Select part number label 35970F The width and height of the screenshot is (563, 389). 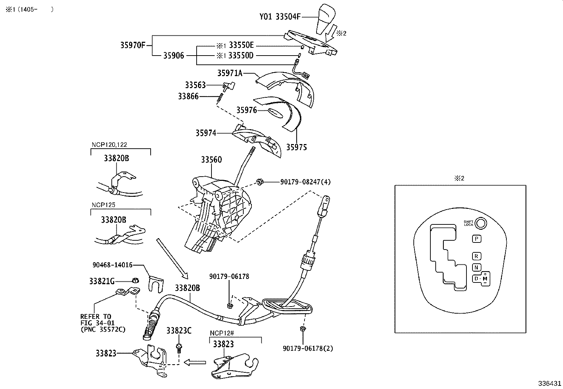pyautogui.click(x=133, y=45)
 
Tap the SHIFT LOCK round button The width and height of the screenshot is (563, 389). pyautogui.click(x=481, y=223)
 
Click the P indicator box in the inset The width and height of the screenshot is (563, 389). pyautogui.click(x=476, y=239)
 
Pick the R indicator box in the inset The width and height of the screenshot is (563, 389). pyautogui.click(x=476, y=256)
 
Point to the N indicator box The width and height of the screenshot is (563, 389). pyautogui.click(x=476, y=268)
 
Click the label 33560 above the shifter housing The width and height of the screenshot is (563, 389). pyautogui.click(x=211, y=160)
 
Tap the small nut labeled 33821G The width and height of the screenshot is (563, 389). pyautogui.click(x=135, y=281)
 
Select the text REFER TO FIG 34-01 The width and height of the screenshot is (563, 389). pyautogui.click(x=96, y=320)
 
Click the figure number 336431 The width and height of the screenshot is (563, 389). pyautogui.click(x=549, y=383)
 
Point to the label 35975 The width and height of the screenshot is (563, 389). pyautogui.click(x=296, y=147)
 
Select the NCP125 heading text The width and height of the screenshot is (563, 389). pyautogui.click(x=103, y=205)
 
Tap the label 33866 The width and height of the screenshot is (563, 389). pyautogui.click(x=188, y=96)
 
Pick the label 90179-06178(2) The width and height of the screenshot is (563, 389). pyautogui.click(x=308, y=348)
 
